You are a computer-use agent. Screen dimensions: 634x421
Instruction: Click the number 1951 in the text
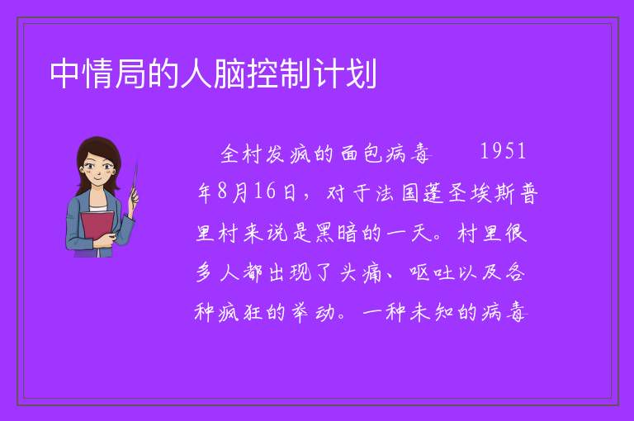coord(503,151)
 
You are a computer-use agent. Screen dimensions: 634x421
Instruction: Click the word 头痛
coord(361,272)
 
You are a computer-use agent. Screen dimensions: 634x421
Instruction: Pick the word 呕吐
coord(433,272)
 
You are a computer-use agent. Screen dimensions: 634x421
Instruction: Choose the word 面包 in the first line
coord(362,154)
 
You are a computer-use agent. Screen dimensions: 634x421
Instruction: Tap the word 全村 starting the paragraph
coord(241,154)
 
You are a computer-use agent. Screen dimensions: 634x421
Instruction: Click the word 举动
coord(313,312)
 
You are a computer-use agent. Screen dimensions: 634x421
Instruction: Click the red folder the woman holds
coord(97,229)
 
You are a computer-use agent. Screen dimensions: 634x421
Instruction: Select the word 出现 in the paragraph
coord(289,272)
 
